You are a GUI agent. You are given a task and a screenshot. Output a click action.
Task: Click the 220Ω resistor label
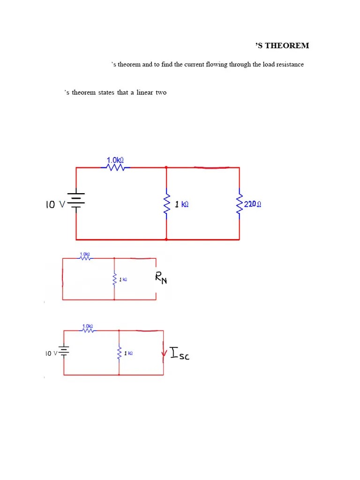pyautogui.click(x=253, y=204)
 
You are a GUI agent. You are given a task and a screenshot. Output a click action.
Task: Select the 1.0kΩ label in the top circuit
pyautogui.click(x=115, y=160)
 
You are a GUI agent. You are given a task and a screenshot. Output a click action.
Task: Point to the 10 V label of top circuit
pyautogui.click(x=55, y=204)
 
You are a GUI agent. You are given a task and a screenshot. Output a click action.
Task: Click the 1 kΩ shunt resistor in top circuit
pyautogui.click(x=166, y=204)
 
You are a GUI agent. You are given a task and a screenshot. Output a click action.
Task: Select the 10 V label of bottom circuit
pyautogui.click(x=51, y=353)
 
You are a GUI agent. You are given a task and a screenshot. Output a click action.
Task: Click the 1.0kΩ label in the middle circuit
pyautogui.click(x=85, y=254)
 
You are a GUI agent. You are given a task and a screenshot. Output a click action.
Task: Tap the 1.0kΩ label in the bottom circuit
pyautogui.click(x=88, y=326)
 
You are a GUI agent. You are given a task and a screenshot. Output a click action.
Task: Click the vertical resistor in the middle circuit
pyautogui.click(x=114, y=279)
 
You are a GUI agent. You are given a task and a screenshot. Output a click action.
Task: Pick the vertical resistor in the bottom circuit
pyautogui.click(x=119, y=353)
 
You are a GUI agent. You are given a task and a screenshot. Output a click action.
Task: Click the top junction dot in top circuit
pyautogui.click(x=166, y=167)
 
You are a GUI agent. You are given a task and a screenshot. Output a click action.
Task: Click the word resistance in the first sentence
pyautogui.click(x=290, y=65)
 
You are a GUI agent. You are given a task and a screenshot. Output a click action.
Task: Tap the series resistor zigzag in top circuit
pyautogui.click(x=115, y=167)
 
